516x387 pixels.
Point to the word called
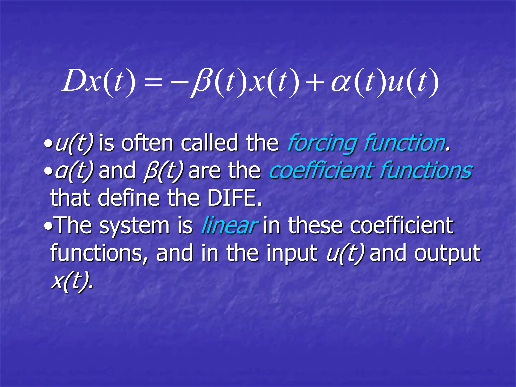pyautogui.click(x=210, y=143)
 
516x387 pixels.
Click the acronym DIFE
pyautogui.click(x=234, y=198)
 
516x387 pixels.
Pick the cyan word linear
pyautogui.click(x=229, y=225)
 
